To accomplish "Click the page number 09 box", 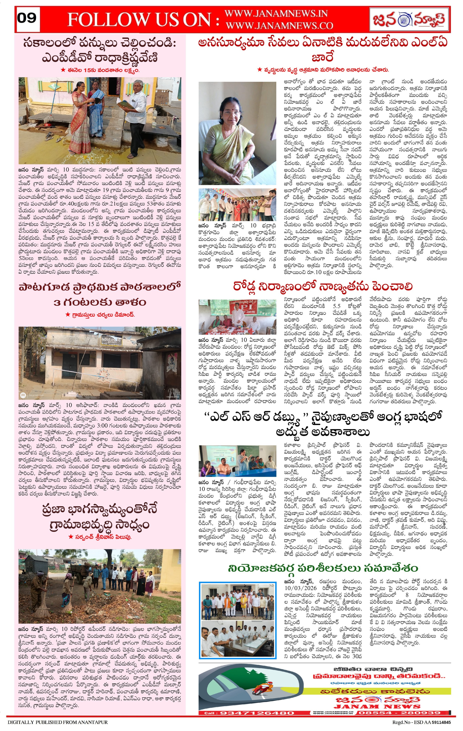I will tap(27, 19).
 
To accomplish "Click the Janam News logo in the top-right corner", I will tap(409, 19).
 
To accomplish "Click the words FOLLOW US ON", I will tap(143, 20).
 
